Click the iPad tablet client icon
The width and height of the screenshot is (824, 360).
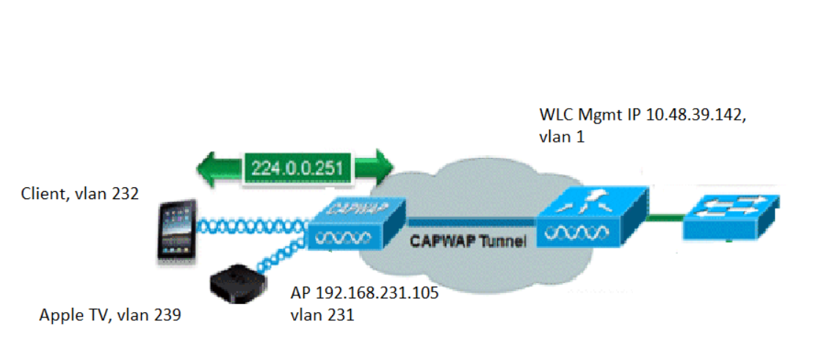point(176,229)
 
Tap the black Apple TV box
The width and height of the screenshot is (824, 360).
point(233,283)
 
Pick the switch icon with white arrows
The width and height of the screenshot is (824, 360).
point(731,217)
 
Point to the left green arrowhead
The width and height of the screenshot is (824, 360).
point(210,166)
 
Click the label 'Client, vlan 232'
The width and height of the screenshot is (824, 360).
point(80,195)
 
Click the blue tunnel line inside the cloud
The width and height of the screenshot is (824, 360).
point(470,218)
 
